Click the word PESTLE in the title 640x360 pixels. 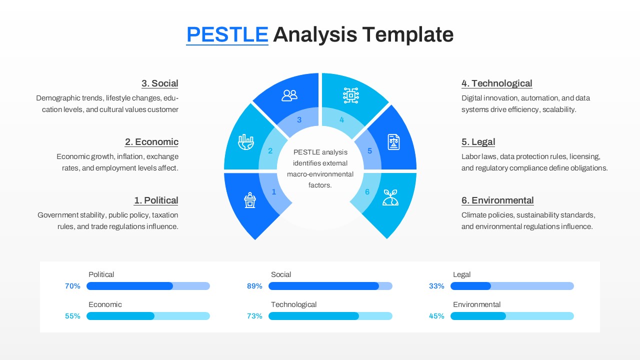[227, 34]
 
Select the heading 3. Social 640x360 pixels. [159, 83]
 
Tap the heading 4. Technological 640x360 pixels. [496, 83]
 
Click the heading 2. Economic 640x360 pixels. [151, 142]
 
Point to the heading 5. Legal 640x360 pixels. [478, 142]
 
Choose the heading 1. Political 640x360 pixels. [156, 200]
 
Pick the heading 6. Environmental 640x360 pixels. [497, 200]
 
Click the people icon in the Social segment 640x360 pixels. [289, 95]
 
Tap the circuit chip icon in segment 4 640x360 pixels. [351, 95]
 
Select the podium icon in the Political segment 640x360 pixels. [250, 200]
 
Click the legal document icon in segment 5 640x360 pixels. [394, 142]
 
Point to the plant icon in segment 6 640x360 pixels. [390, 197]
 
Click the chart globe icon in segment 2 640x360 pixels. [245, 143]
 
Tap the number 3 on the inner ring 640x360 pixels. [299, 120]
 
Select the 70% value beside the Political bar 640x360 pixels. [72, 286]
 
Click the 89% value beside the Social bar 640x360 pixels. [254, 286]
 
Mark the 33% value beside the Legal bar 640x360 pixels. [436, 286]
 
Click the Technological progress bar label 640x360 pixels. [293, 304]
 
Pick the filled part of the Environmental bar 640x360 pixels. [478, 316]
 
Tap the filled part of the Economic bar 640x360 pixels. [120, 316]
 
